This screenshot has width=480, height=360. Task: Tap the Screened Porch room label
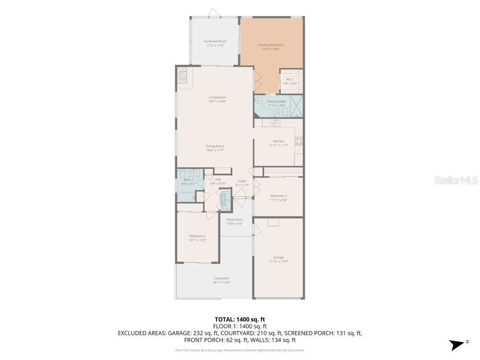point(216,41)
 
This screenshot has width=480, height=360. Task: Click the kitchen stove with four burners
point(298,141)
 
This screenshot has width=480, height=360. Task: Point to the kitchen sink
point(276,123)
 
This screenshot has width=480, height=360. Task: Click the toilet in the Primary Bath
point(285,113)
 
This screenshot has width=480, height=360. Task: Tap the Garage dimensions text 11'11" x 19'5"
point(278,262)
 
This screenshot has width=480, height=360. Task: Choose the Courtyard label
point(221,278)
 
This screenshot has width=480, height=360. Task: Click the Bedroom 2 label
point(197,236)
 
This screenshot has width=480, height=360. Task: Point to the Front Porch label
point(235,219)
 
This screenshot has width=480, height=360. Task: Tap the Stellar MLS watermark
point(456,180)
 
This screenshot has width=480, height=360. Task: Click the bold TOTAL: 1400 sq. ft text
point(240,319)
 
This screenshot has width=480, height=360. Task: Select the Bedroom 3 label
point(278,195)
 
